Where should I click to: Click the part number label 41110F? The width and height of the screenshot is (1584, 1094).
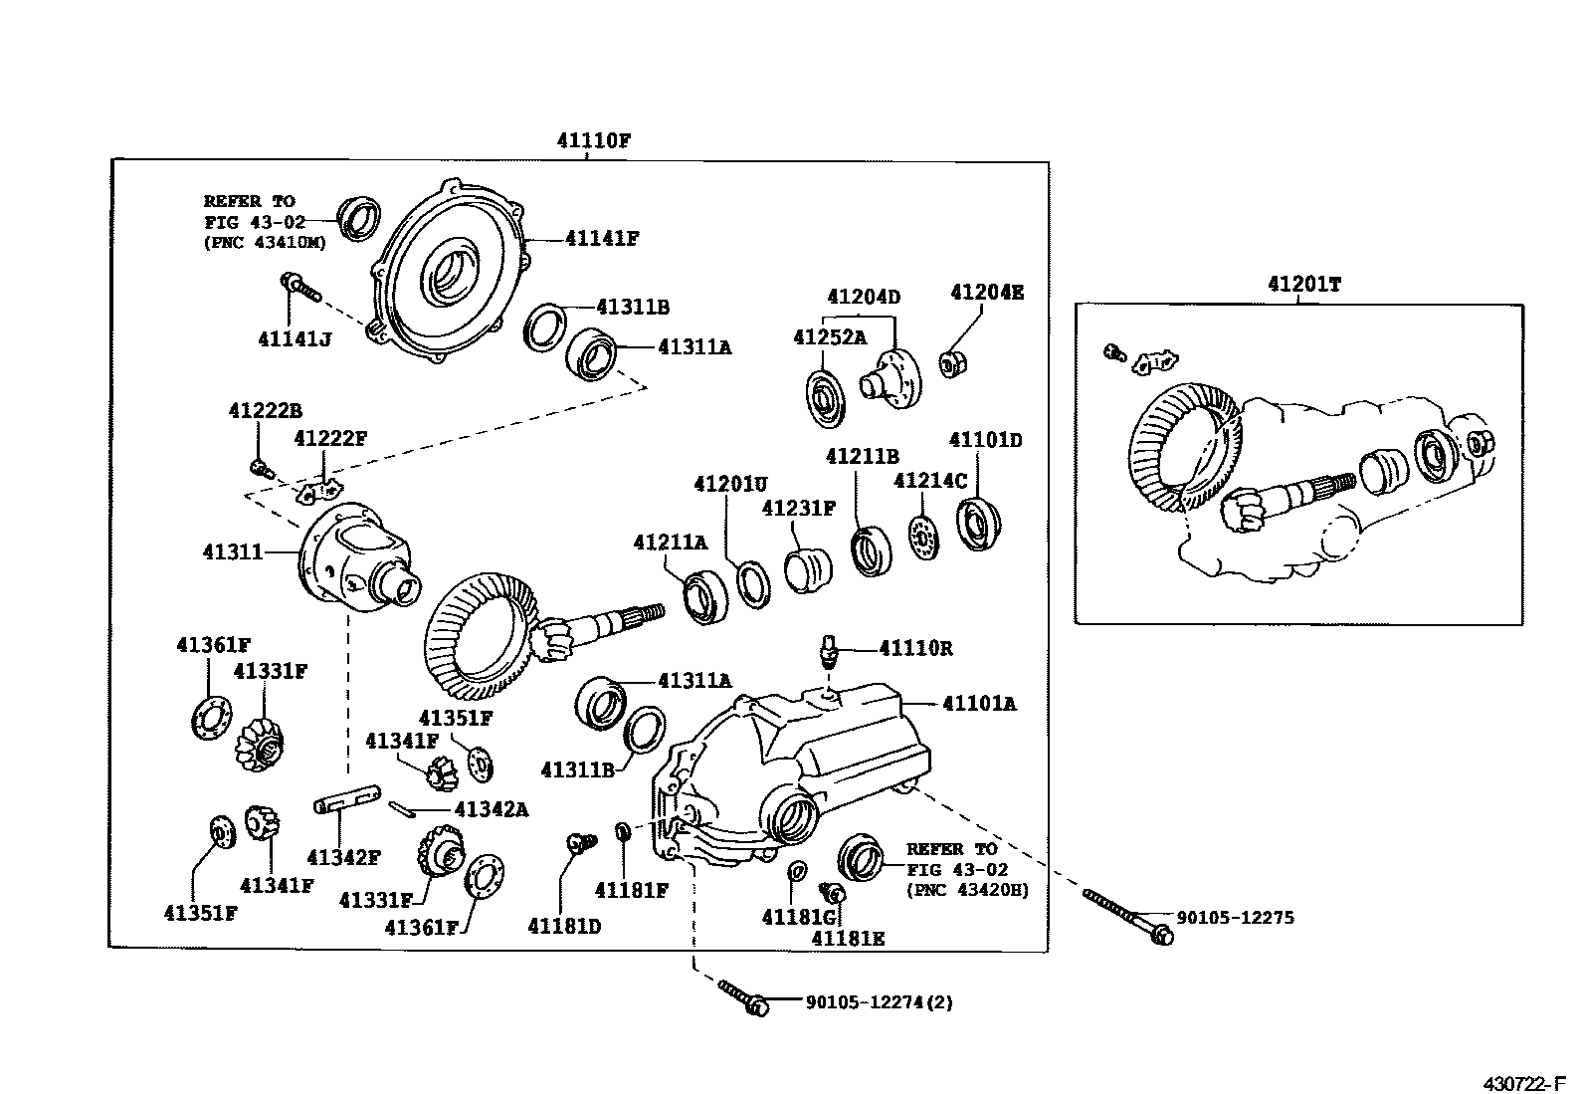pos(593,140)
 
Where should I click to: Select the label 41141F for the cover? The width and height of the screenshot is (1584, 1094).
pos(602,238)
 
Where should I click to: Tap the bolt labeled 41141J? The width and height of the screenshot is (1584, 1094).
pos(298,288)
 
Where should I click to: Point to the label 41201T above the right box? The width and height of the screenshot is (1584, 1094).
pos(1304,284)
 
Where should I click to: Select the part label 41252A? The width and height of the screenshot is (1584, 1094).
pos(829,336)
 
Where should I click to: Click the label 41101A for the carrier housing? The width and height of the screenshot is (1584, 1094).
pos(979,704)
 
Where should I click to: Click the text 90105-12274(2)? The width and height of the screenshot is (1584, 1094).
pos(879,1002)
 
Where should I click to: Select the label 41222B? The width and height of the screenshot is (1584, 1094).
pos(265,410)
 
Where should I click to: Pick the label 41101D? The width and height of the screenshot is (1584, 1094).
pos(985,439)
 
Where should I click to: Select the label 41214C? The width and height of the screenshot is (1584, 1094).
pos(929,481)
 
